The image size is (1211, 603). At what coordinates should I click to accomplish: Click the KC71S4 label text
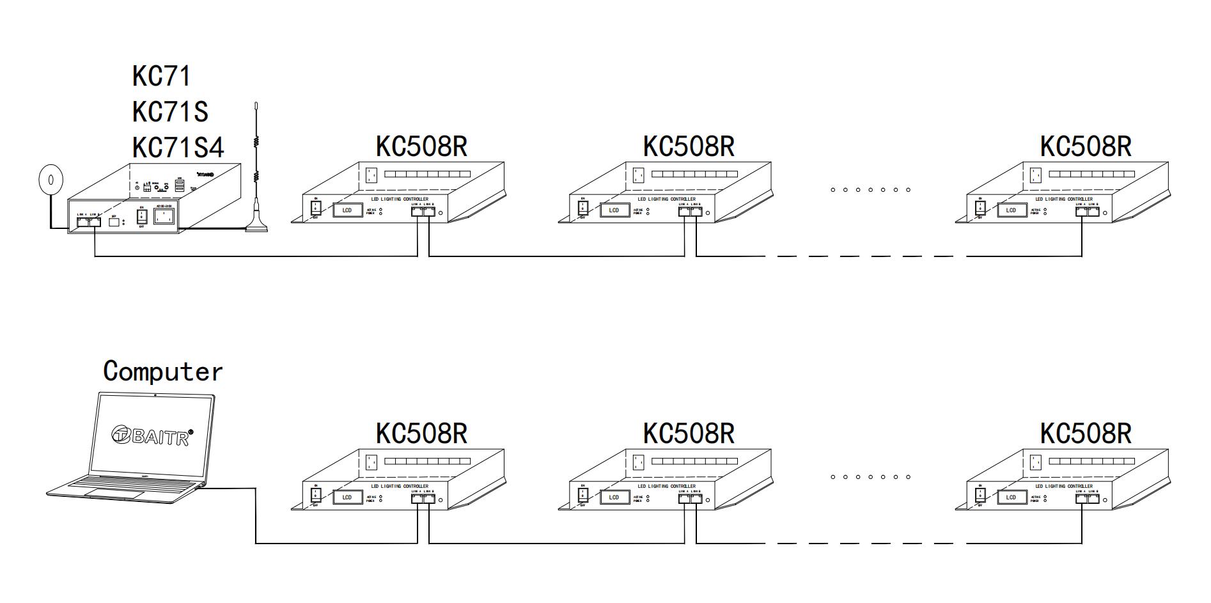[x=178, y=148]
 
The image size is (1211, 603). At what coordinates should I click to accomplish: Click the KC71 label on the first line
[x=161, y=76]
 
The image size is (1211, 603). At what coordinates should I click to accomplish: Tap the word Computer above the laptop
[x=163, y=372]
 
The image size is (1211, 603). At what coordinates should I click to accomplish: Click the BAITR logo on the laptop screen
[x=152, y=435]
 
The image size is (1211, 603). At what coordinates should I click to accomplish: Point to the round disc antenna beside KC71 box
[x=51, y=180]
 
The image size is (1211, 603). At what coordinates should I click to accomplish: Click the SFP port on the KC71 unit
[x=114, y=223]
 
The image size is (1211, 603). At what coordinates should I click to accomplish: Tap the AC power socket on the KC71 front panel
[x=164, y=217]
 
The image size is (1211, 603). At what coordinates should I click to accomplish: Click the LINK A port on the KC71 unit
[x=83, y=221]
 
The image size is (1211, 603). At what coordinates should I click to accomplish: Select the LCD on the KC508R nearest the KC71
[x=347, y=210]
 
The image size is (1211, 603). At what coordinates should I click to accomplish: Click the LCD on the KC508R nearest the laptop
[x=347, y=497]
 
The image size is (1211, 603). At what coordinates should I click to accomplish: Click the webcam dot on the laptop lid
[x=155, y=395]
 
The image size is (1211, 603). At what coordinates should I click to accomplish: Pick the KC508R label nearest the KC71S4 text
[x=421, y=146]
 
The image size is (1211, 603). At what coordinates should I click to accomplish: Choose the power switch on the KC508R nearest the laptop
[x=315, y=494]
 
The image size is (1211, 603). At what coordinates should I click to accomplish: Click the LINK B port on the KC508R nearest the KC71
[x=429, y=211]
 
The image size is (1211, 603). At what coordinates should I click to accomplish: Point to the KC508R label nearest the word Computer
[x=421, y=434]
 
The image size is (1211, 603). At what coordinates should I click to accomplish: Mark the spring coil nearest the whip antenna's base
[x=256, y=175]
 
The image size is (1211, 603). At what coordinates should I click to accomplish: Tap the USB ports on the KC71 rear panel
[x=180, y=186]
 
